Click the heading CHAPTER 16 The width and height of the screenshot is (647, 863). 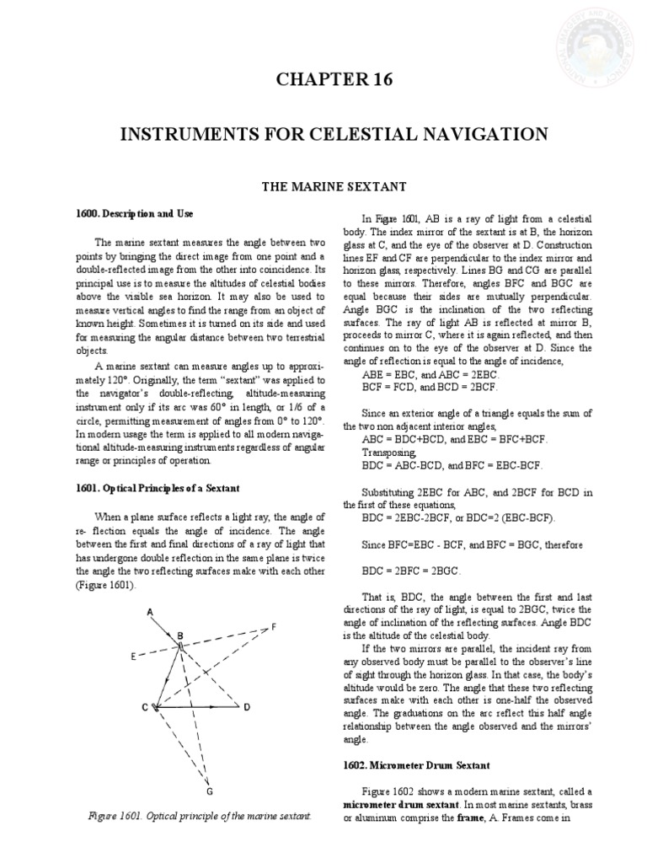[x=323, y=80]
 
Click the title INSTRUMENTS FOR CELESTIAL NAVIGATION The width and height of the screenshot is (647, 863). [x=323, y=134]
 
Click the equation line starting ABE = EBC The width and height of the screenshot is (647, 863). [x=421, y=373]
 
